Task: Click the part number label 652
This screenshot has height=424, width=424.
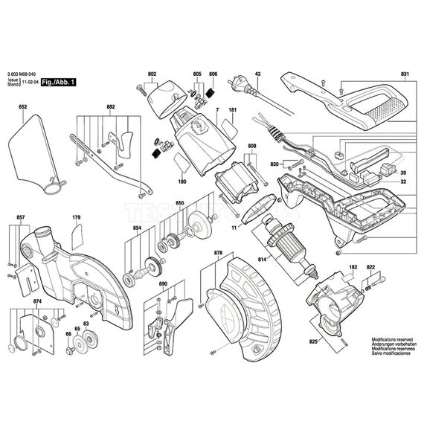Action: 23,108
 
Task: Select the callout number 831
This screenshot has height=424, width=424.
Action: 405,74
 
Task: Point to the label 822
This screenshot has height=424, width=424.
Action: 370,266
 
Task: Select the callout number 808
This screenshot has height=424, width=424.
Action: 252,146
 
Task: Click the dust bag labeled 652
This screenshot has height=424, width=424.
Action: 33,152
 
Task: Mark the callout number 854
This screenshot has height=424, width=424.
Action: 137,229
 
